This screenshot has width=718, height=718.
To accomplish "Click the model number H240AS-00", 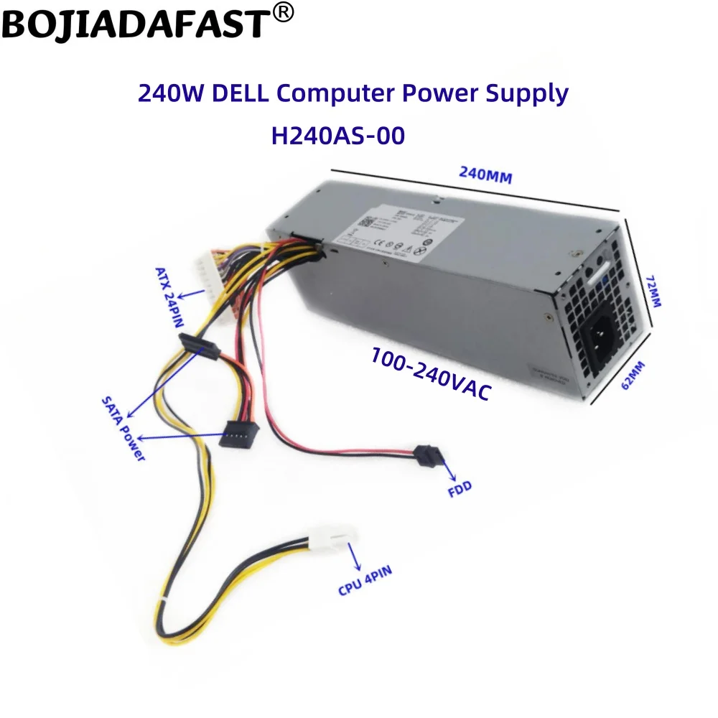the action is (337, 136).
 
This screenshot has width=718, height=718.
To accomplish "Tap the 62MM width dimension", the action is (633, 375).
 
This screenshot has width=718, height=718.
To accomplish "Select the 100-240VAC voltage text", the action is (431, 373).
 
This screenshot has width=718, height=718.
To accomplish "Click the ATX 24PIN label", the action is (170, 297).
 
